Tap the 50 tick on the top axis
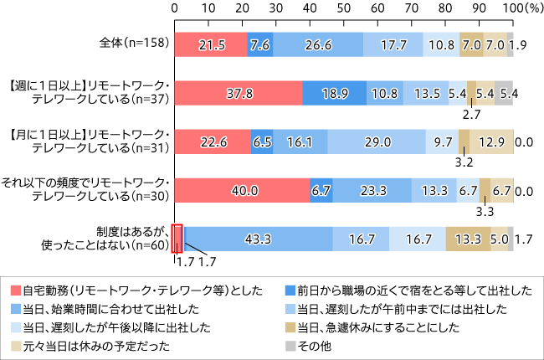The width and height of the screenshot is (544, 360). (344, 8)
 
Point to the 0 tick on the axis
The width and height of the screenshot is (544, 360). (175, 8)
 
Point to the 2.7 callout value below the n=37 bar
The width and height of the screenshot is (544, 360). (473, 114)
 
